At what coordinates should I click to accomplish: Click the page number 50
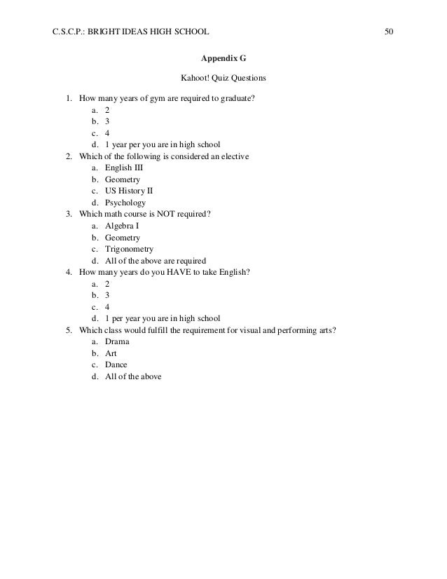point(389,32)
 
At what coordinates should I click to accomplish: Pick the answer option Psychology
point(125,203)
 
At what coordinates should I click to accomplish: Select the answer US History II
point(128,191)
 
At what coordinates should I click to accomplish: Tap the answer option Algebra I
point(122,226)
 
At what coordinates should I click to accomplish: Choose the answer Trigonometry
point(129,249)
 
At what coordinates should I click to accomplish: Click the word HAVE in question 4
point(178,273)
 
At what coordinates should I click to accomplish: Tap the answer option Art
point(111,354)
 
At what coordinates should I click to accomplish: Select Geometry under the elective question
point(123,179)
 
